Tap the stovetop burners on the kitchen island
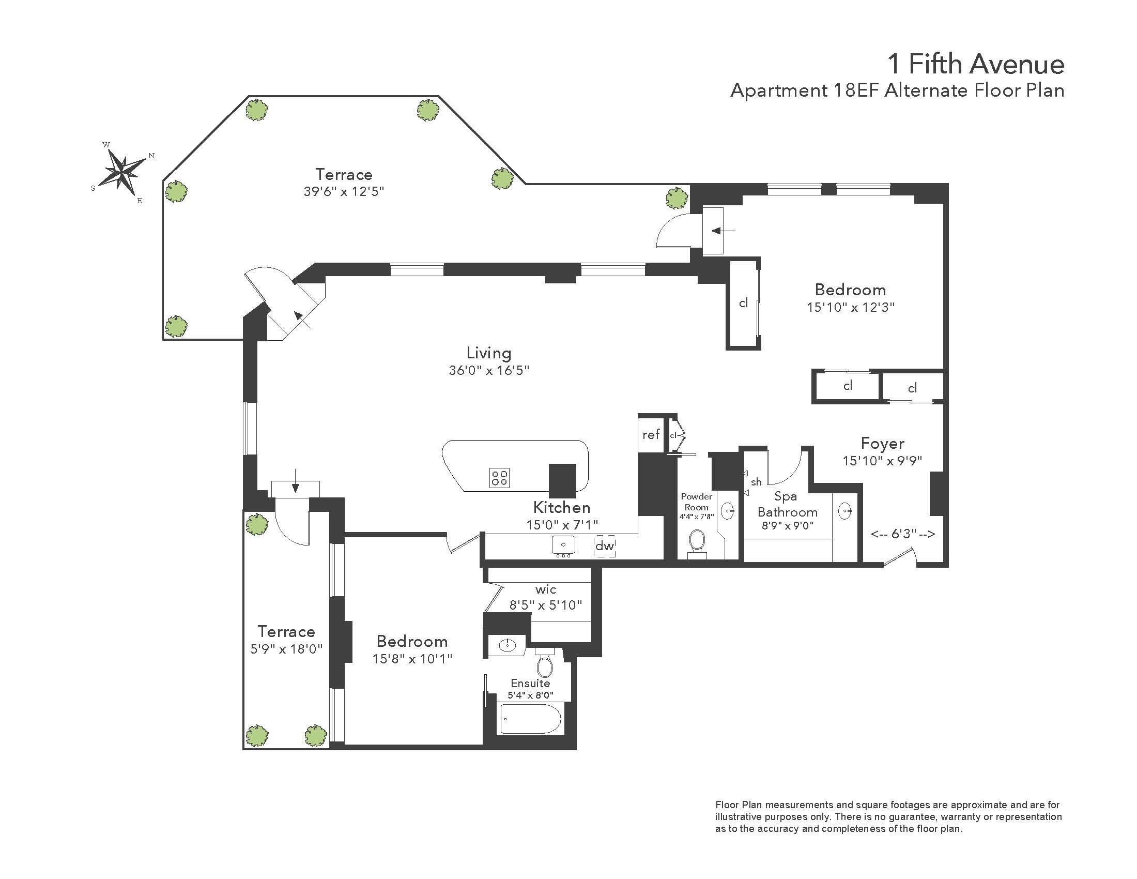click(499, 478)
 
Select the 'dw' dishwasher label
click(605, 545)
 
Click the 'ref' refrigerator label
click(651, 434)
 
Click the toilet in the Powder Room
click(697, 543)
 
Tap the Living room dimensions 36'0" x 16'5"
click(489, 370)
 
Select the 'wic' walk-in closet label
click(546, 589)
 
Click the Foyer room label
click(882, 443)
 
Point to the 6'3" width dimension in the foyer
click(903, 534)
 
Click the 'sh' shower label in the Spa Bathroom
click(756, 482)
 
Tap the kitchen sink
click(563, 545)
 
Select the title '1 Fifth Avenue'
click(976, 64)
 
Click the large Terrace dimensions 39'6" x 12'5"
click(344, 191)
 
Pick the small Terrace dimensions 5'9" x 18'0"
click(286, 649)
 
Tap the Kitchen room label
click(562, 507)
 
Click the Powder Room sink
click(727, 511)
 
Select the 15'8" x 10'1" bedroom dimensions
click(412, 659)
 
